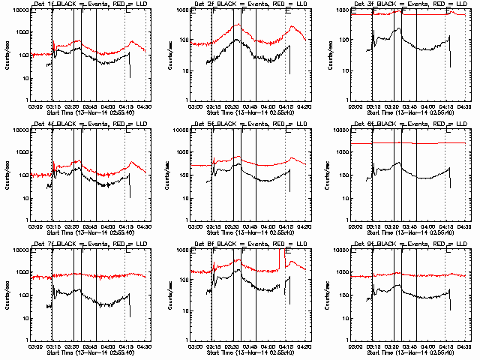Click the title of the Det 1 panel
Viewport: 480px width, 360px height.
[90, 4]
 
